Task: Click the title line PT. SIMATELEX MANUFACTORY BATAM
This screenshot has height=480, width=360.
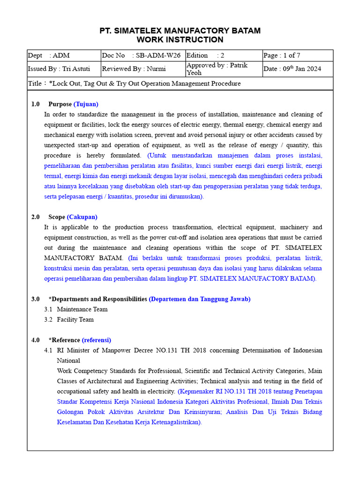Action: [x=180, y=30]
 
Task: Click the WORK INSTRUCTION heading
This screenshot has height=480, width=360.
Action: [x=180, y=40]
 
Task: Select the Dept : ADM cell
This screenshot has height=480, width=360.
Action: [x=64, y=55]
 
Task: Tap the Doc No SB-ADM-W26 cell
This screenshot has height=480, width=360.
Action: [x=143, y=55]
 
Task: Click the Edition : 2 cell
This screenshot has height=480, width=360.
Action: [x=224, y=55]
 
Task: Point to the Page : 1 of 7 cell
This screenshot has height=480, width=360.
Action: [x=297, y=55]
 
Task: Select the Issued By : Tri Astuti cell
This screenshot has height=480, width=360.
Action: [x=64, y=69]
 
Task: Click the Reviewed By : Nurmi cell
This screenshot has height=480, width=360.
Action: [x=143, y=69]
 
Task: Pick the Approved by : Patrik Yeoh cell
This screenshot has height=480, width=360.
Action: [x=224, y=69]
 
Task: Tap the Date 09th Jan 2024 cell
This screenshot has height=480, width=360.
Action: [x=297, y=69]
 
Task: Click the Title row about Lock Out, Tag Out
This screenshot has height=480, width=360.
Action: [x=180, y=83]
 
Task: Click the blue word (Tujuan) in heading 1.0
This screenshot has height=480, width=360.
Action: [x=86, y=104]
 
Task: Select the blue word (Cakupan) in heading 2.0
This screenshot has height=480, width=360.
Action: [x=82, y=217]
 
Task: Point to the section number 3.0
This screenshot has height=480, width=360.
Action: [x=36, y=299]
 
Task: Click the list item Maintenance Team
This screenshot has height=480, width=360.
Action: [x=82, y=309]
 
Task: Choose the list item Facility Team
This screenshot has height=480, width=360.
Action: [x=75, y=320]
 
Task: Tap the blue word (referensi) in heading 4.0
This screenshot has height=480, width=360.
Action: [x=97, y=340]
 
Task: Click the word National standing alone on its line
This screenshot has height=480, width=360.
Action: [x=68, y=360]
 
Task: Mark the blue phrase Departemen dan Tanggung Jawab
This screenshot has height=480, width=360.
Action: [x=200, y=299]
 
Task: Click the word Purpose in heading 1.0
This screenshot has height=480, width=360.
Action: [x=60, y=104]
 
